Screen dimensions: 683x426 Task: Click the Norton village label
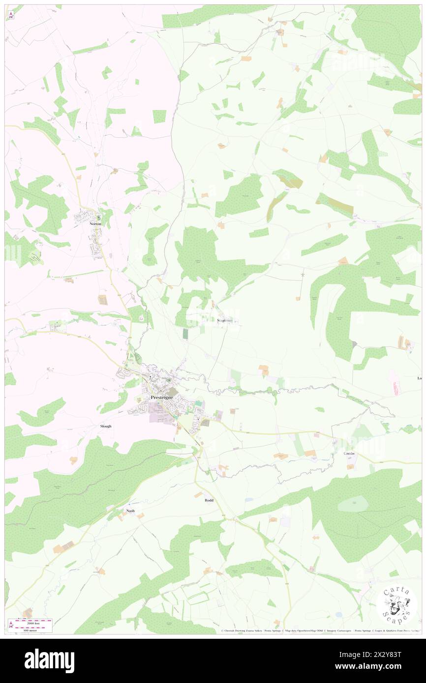[x=95, y=224]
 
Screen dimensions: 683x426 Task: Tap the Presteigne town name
[x=161, y=397]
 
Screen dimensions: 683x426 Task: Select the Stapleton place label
[x=227, y=320]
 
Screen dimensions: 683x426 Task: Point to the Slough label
[x=105, y=427]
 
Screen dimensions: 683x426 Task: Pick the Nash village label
[x=130, y=511]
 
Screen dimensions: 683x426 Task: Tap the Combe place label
[x=349, y=453]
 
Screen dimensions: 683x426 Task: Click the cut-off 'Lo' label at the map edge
[x=420, y=378]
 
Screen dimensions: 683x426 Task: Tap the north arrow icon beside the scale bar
[x=11, y=625]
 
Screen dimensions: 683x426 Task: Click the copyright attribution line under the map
[x=320, y=630]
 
